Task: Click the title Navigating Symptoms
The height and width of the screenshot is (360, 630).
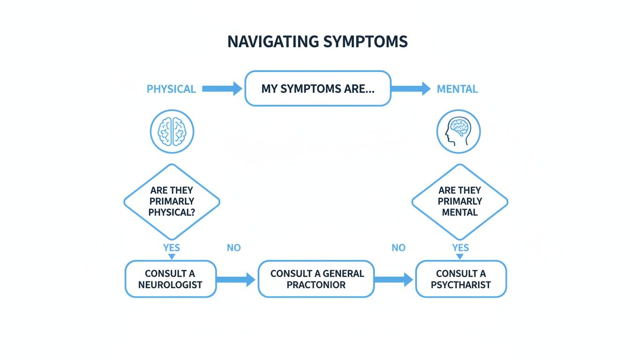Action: pyautogui.click(x=317, y=41)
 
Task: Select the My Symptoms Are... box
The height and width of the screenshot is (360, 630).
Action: pyautogui.click(x=317, y=89)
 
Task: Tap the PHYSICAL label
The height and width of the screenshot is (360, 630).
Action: pyautogui.click(x=171, y=89)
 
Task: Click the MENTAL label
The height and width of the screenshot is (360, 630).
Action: pyautogui.click(x=457, y=89)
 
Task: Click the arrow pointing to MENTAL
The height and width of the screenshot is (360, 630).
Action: pyautogui.click(x=411, y=88)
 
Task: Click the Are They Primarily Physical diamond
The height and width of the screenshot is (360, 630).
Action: pyautogui.click(x=172, y=202)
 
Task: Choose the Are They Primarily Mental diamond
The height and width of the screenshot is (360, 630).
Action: pyautogui.click(x=459, y=202)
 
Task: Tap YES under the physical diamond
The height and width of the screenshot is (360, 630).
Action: pyautogui.click(x=172, y=247)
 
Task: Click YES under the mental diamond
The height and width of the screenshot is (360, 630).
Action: pyautogui.click(x=460, y=247)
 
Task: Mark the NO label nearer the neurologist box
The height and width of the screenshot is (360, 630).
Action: pyautogui.click(x=233, y=247)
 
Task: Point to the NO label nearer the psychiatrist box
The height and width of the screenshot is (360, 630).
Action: pyautogui.click(x=398, y=247)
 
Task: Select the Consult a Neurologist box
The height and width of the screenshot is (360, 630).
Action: pyautogui.click(x=170, y=279)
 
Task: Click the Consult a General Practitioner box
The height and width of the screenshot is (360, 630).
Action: pyautogui.click(x=316, y=279)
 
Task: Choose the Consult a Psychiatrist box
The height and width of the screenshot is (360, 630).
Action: pyautogui.click(x=461, y=279)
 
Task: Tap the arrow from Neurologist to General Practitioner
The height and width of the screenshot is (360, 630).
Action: pyautogui.click(x=236, y=280)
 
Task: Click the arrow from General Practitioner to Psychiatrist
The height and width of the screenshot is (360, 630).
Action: pyautogui.click(x=394, y=280)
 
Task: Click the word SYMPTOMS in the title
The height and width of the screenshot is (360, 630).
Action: pyautogui.click(x=366, y=41)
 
